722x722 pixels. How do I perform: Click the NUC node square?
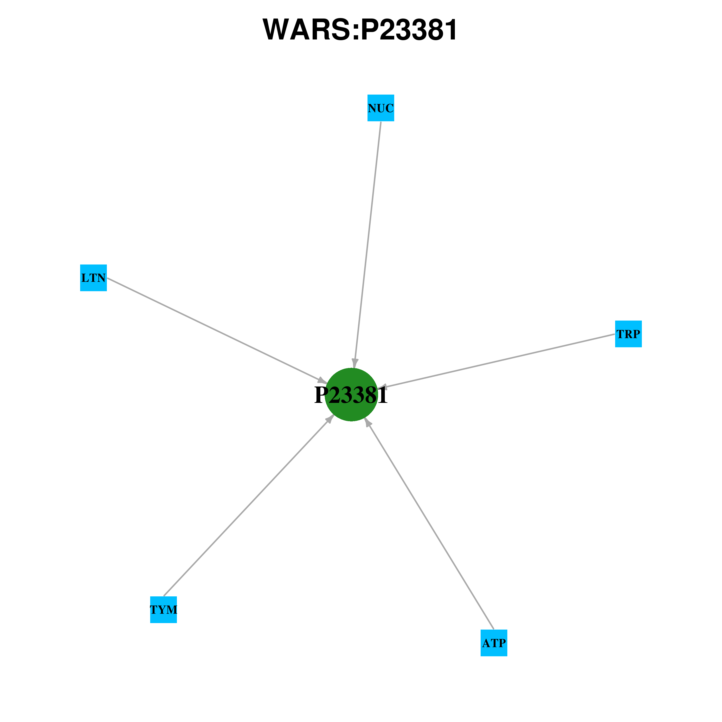[x=381, y=108]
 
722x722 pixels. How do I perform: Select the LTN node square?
[x=93, y=278]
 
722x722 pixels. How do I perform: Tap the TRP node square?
[x=629, y=334]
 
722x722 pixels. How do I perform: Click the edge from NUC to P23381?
[x=367, y=245]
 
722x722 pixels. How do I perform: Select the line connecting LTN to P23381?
[x=217, y=330]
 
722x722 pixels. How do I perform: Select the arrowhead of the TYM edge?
[x=330, y=418]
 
